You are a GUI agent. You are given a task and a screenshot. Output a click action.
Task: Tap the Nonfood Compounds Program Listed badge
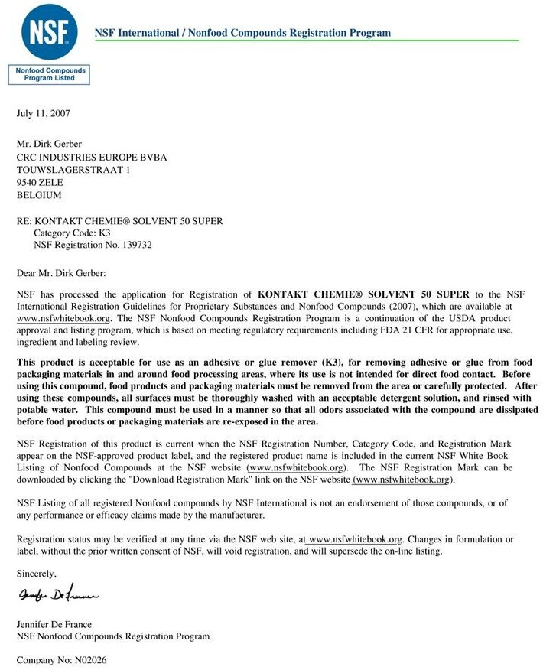(49, 74)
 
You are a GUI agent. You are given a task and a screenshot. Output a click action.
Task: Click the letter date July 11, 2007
(44, 113)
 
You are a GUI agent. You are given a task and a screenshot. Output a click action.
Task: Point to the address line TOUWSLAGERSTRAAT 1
(73, 170)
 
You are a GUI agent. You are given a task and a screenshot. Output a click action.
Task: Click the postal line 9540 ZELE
(40, 183)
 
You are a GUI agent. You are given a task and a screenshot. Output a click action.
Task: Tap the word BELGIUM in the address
(39, 195)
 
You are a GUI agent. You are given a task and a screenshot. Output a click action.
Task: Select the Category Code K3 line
(73, 233)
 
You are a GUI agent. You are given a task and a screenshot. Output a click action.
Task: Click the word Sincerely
(36, 573)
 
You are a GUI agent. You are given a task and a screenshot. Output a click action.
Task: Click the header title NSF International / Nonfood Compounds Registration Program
(242, 33)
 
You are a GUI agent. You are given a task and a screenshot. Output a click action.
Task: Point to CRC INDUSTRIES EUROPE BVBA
(92, 158)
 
